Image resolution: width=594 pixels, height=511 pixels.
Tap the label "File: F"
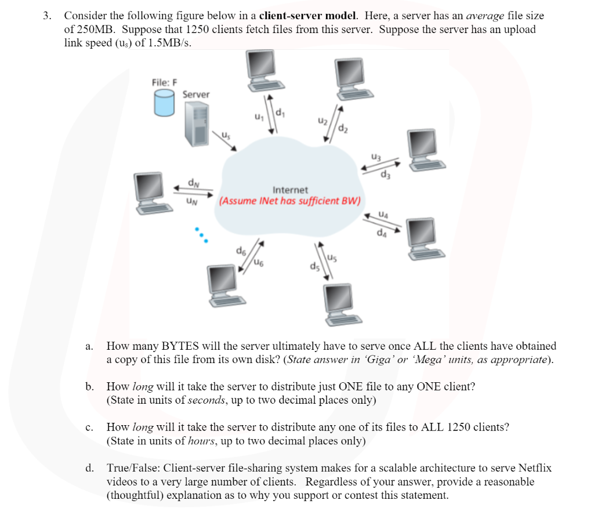pyautogui.click(x=164, y=82)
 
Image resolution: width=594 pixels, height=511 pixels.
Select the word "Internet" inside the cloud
pyautogui.click(x=290, y=190)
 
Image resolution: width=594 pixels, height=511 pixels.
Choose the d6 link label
pyautogui.click(x=240, y=251)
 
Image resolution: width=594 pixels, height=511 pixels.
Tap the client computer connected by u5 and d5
pyautogui.click(x=343, y=302)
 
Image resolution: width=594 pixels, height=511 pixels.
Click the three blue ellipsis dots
pyautogui.click(x=200, y=234)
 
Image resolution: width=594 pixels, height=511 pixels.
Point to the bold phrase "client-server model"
pyautogui.click(x=306, y=16)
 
